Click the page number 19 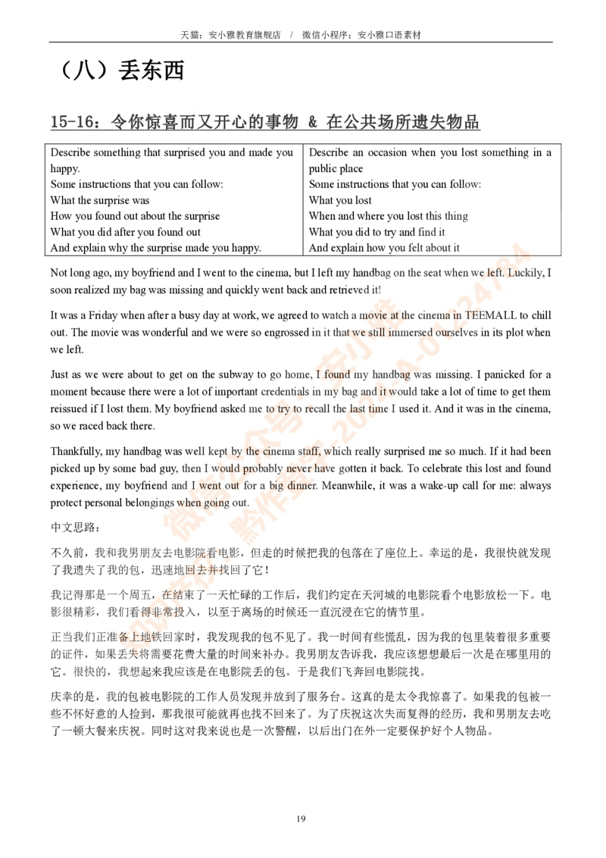301,819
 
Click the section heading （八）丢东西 120,70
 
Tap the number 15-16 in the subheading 72,121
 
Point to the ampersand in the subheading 312,121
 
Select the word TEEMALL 491,315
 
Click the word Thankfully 76,452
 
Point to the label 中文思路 76,528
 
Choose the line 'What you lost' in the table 340,200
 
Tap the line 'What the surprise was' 99,200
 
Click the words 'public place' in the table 336,168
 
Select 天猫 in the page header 190,34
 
